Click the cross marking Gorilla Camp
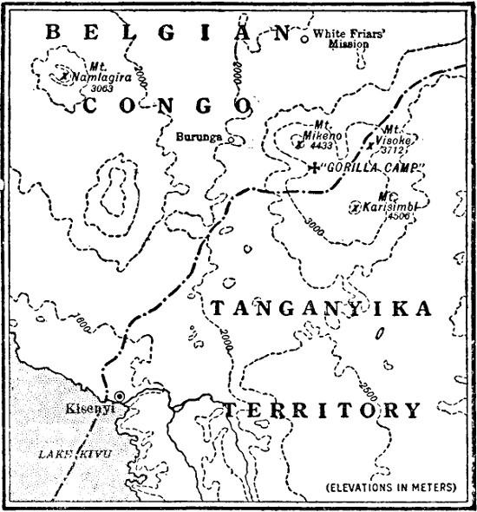[x=314, y=166]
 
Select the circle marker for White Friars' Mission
[x=304, y=38]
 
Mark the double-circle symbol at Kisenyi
[x=120, y=397]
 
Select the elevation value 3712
[x=395, y=148]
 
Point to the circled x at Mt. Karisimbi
[x=355, y=207]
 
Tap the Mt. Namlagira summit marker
[x=65, y=76]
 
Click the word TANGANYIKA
[x=334, y=309]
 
